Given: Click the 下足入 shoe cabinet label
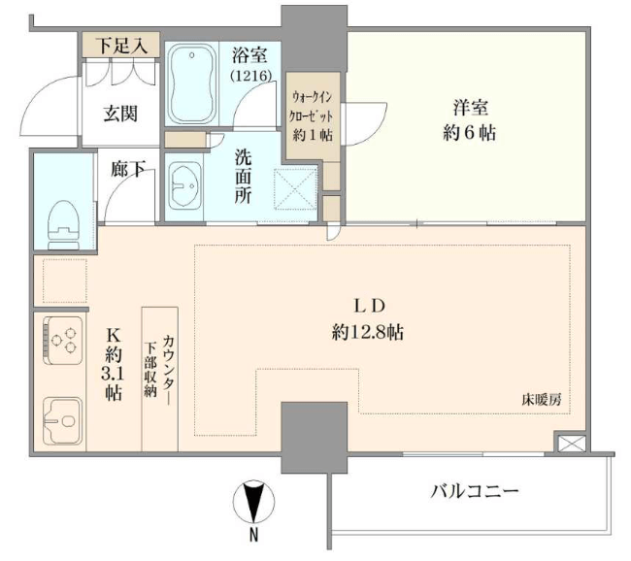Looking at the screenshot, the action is click(121, 45).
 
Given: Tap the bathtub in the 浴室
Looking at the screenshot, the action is click(192, 83).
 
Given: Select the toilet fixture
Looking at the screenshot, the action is click(62, 225).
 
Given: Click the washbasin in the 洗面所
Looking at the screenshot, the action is click(184, 186).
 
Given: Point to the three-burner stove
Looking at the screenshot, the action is click(63, 341).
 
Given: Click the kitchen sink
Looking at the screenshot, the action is click(63, 420).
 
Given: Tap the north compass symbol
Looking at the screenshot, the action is click(253, 500).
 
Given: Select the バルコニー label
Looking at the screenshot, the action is click(475, 491).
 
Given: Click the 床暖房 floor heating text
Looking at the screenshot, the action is click(541, 400).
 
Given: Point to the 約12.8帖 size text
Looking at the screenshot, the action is click(367, 332).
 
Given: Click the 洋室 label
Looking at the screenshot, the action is click(471, 108).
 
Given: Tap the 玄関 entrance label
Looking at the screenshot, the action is click(120, 114).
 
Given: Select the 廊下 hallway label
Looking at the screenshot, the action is click(128, 169).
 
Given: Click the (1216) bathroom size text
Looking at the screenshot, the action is click(250, 76).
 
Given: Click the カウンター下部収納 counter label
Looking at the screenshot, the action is click(159, 365).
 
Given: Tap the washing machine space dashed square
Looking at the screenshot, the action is click(295, 189).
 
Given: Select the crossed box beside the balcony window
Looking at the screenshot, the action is click(572, 444).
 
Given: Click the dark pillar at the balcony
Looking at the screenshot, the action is click(314, 438).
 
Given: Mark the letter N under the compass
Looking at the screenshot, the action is click(253, 535).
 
